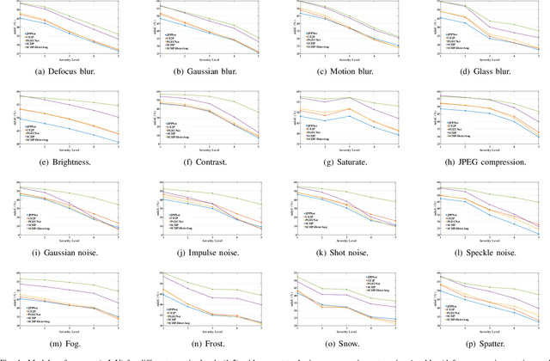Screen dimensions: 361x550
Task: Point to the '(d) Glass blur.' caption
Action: coord(483,70)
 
